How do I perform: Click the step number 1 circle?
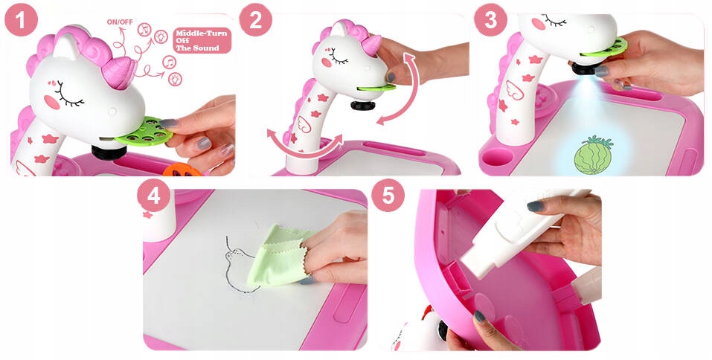coord(21,20)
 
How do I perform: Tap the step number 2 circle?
coord(256,20)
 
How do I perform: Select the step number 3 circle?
coord(491,20)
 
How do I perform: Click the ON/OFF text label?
coord(120,22)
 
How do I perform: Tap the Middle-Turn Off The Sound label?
coord(202,40)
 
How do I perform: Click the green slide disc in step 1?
coord(144,132)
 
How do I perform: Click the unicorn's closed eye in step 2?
coord(339,57)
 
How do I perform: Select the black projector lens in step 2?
coord(363,106)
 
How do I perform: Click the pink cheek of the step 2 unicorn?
coord(327,62)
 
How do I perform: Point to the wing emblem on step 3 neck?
coord(514,90)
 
